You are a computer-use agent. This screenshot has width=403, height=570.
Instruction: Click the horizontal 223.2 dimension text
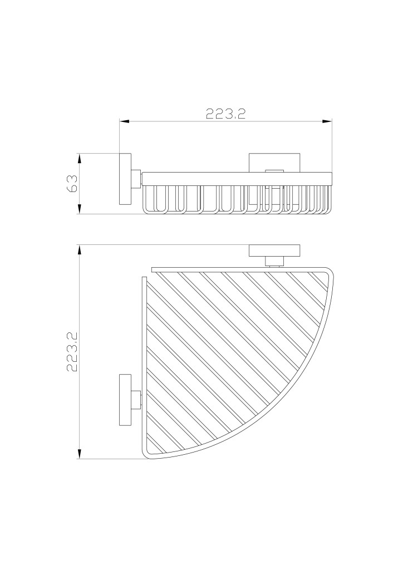coord(225,114)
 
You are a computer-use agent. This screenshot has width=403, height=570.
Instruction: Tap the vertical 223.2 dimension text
coord(73,352)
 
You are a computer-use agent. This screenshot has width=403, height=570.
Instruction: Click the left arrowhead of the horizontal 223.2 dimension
coord(124,122)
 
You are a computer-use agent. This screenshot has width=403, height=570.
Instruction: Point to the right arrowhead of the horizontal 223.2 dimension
coord(327,122)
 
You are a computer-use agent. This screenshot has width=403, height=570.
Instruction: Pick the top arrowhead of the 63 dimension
coord(78,158)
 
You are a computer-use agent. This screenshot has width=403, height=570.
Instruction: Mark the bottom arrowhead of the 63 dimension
coord(78,209)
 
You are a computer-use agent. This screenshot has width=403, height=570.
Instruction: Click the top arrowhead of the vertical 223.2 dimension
coord(78,250)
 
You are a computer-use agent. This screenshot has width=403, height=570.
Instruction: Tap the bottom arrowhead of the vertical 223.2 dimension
coord(78,454)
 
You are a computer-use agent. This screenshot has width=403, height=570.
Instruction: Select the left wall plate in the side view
coord(125,179)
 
